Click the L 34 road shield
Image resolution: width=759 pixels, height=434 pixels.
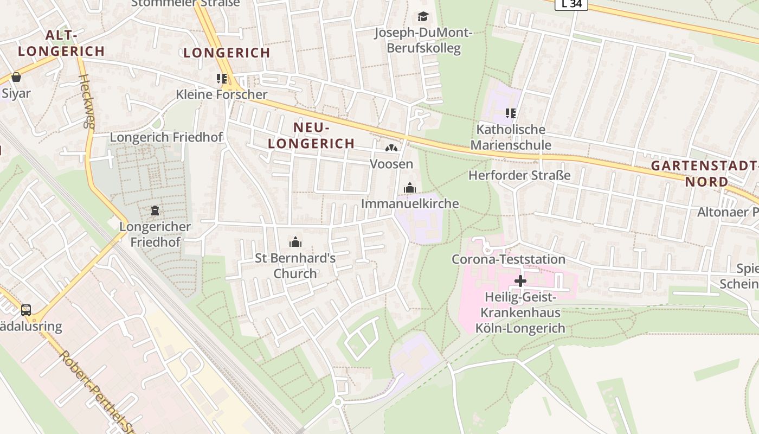[x=571, y=4]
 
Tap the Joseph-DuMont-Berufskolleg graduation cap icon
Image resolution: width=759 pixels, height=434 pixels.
[x=423, y=17]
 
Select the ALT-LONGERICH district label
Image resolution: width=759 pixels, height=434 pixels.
[x=61, y=43]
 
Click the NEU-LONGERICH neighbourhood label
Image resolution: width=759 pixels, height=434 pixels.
[x=311, y=135]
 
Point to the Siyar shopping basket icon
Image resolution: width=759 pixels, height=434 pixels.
[x=16, y=78]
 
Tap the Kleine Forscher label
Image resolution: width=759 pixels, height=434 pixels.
[x=221, y=94]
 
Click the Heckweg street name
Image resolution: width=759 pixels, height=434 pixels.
[x=87, y=101]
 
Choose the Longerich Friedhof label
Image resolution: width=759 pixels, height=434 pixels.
[x=166, y=137]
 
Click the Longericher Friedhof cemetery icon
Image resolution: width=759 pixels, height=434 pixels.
[x=155, y=210]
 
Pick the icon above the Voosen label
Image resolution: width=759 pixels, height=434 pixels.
[x=391, y=148]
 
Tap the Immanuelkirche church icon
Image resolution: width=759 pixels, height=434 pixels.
[x=410, y=188]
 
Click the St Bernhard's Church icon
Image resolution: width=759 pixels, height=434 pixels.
[x=295, y=242]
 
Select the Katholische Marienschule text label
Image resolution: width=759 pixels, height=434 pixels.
[x=510, y=137]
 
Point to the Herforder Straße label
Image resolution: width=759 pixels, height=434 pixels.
[x=519, y=175]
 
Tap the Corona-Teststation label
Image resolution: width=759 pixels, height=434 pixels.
[x=509, y=259]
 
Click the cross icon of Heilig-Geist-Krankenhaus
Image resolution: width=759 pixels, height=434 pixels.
[x=520, y=281]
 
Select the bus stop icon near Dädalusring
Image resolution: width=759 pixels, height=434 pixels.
[x=26, y=310]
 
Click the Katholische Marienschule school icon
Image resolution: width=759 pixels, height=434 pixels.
[x=510, y=113]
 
